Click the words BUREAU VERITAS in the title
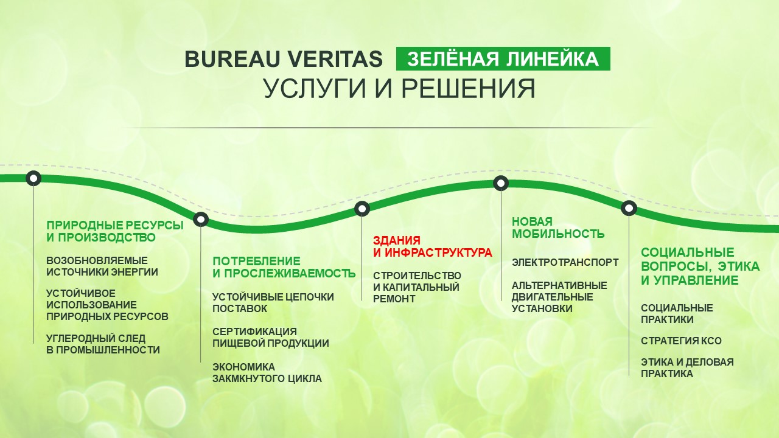[x=284, y=59]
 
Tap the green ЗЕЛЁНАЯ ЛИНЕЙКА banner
[x=503, y=58]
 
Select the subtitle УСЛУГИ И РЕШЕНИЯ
[x=399, y=88]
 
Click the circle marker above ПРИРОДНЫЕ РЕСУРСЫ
[x=33, y=178]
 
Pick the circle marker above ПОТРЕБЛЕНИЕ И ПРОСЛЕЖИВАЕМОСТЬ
[x=201, y=220]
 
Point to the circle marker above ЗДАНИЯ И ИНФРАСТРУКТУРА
[x=362, y=209]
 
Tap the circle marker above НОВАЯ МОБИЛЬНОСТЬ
[x=501, y=183]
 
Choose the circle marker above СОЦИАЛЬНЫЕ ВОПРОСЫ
[x=629, y=208]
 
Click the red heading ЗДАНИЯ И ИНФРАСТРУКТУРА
[x=433, y=246]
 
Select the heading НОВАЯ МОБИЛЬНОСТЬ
[x=558, y=228]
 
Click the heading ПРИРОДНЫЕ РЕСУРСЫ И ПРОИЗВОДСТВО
[x=115, y=231]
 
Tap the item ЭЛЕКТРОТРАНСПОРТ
[x=565, y=262]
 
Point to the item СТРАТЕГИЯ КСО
[x=681, y=341]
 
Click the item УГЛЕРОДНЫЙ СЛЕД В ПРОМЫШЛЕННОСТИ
[x=103, y=344]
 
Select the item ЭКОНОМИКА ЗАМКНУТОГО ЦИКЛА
[x=267, y=373]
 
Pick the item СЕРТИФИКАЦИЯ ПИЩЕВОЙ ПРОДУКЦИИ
[x=271, y=337]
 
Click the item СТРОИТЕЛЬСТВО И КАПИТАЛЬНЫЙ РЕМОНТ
[x=417, y=287]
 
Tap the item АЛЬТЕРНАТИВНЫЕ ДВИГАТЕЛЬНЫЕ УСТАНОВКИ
[x=559, y=297]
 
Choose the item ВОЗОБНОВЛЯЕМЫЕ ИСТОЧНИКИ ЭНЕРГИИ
[x=102, y=266]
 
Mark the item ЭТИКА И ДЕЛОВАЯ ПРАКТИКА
[x=687, y=368]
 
